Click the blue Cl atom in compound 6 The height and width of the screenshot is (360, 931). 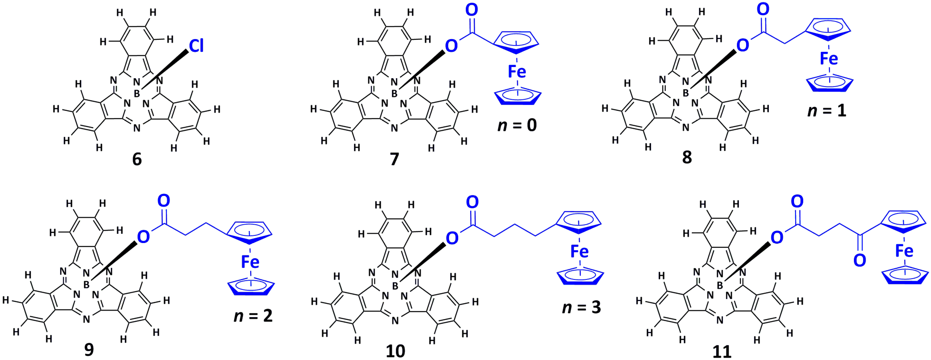[x=196, y=46]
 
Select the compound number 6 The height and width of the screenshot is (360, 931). [x=137, y=159]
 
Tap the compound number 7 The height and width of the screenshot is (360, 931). [x=394, y=159]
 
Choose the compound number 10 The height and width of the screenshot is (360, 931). [x=395, y=351]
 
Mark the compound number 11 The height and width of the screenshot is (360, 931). [x=722, y=351]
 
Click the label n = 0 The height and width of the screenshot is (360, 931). [x=517, y=125]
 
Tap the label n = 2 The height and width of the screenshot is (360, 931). [x=253, y=316]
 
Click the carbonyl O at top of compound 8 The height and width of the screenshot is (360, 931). [x=763, y=10]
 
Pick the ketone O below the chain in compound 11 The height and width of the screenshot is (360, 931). [x=859, y=260]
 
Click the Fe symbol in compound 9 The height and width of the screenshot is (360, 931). [x=250, y=262]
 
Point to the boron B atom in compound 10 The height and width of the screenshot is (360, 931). [x=395, y=286]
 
